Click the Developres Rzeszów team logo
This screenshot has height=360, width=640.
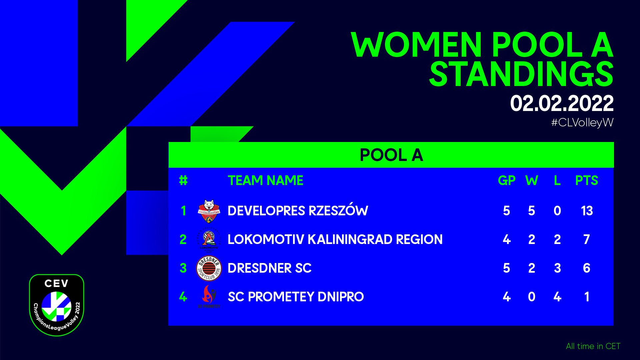[x=209, y=211]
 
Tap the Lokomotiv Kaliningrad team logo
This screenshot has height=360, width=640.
[x=209, y=239]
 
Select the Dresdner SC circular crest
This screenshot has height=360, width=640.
[x=209, y=268]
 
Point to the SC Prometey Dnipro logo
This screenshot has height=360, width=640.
[x=209, y=296]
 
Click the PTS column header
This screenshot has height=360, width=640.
[x=587, y=180]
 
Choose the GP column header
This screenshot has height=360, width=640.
[x=507, y=180]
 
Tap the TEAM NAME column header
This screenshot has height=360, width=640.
[x=265, y=180]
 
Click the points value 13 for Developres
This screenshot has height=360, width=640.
[x=587, y=211]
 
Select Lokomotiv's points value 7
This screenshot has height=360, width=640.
[x=587, y=239]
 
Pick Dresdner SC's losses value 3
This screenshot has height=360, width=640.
[x=557, y=268]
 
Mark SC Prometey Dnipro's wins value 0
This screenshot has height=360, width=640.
[x=532, y=297]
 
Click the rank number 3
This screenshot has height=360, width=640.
[x=183, y=268]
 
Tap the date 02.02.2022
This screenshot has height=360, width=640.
[x=562, y=103]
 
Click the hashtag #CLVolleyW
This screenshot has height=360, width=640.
[x=582, y=122]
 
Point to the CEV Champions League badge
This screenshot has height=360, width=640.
[x=57, y=305]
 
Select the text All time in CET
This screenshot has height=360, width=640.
[x=593, y=346]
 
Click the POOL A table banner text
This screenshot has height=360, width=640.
[x=391, y=155]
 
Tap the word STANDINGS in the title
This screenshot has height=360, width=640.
[x=521, y=74]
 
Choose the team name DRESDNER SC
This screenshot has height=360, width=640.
[x=269, y=268]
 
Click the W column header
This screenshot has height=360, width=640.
[x=532, y=180]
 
